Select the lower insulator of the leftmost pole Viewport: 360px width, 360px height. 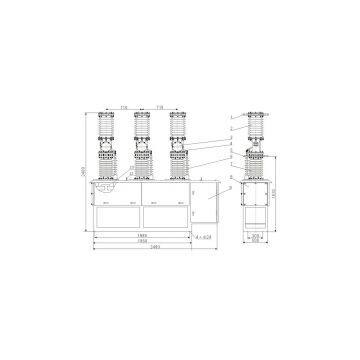104,164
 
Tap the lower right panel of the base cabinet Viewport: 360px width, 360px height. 167,216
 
